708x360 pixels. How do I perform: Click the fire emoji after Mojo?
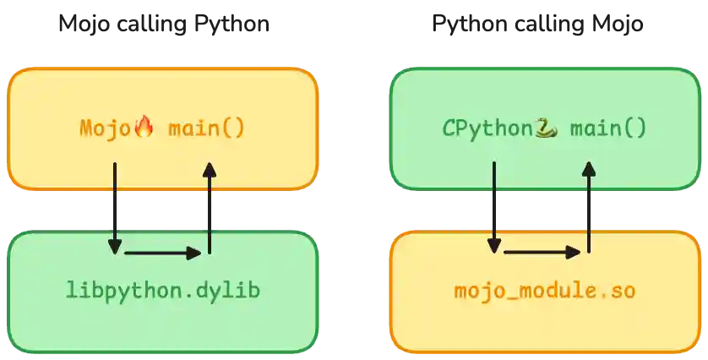point(144,128)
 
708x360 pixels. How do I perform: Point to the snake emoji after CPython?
point(547,128)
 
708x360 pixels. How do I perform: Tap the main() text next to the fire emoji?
point(206,128)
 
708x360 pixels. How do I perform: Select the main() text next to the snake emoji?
point(608,128)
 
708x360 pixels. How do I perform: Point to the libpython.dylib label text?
point(162,291)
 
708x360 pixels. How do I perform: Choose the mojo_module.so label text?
point(545,292)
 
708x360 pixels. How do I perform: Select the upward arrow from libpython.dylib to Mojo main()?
point(209,211)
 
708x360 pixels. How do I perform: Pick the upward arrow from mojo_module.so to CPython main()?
point(588,211)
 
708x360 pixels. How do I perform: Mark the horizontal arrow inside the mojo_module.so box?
point(542,252)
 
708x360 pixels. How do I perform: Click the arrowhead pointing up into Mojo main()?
point(209,169)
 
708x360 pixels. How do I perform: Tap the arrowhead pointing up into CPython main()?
point(588,169)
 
